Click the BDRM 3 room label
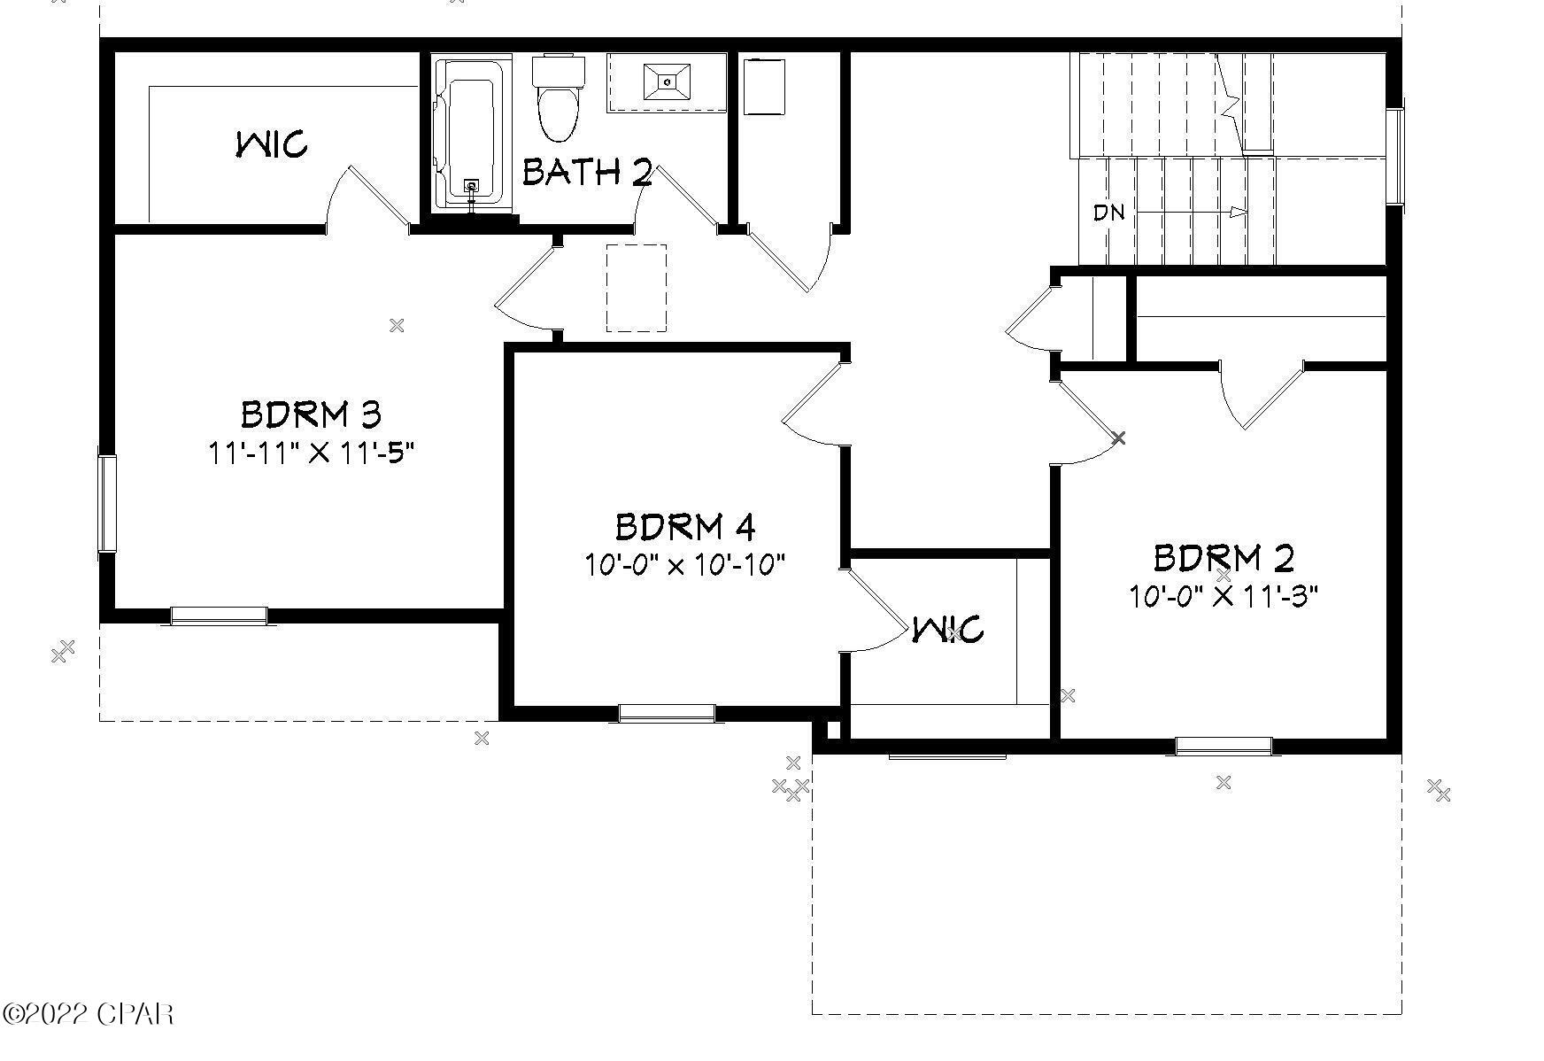[311, 414]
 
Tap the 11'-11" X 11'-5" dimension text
[311, 453]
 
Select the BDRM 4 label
[684, 528]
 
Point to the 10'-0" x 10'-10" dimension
[684, 564]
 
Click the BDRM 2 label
[1223, 559]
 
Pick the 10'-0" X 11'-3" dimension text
[1223, 596]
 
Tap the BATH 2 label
[586, 172]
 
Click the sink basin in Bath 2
[667, 81]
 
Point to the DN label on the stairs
[1108, 213]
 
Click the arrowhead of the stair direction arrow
[1239, 213]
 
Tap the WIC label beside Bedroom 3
[272, 143]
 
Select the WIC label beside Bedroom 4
[947, 630]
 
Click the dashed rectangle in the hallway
[636, 288]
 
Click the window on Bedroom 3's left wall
[107, 503]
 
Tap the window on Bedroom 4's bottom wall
[666, 711]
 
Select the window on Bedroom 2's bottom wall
[1223, 746]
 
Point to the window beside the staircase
[1394, 156]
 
